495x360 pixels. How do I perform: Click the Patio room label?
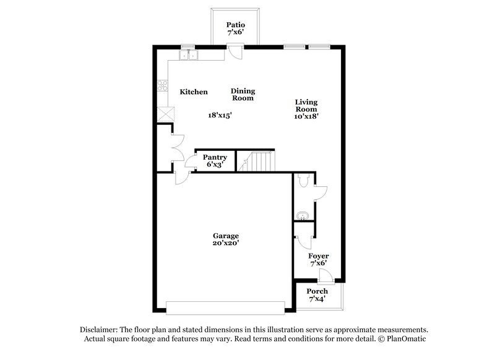tap(235, 25)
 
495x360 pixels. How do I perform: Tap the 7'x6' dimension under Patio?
tap(235, 33)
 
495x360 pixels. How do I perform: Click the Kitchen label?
tap(194, 92)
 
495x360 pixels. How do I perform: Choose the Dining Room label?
tap(243, 95)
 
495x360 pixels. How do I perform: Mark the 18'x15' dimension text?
tap(220, 115)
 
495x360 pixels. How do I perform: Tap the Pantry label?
tap(215, 158)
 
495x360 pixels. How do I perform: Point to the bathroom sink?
tap(302, 216)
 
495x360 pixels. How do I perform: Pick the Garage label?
tap(226, 236)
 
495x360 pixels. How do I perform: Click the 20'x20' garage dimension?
tap(226, 244)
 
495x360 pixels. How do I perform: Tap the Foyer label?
tap(318, 256)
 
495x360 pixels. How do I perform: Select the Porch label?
tap(317, 291)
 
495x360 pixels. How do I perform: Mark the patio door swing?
tap(235, 51)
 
